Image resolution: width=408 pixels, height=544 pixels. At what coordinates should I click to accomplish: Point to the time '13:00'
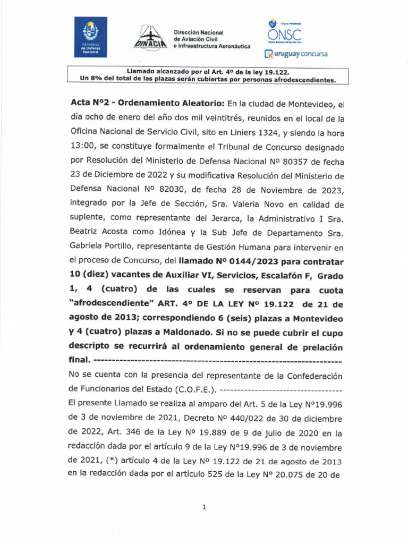tap(82, 146)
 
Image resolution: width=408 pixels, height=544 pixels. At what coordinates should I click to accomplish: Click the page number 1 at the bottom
tap(204, 508)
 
